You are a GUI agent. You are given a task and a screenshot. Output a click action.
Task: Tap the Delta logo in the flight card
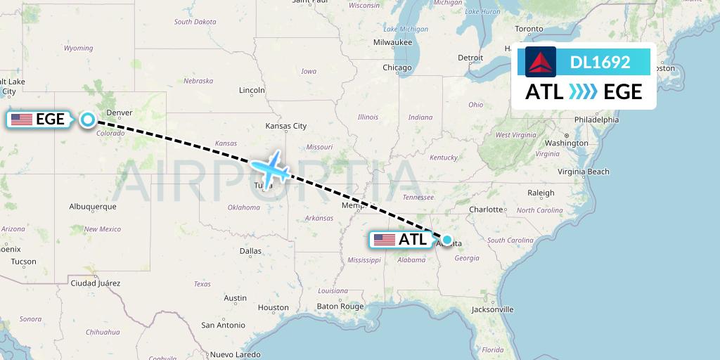(x=541, y=62)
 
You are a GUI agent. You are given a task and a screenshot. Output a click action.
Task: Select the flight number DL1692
(x=600, y=63)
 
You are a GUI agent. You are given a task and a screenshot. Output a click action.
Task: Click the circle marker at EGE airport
(x=87, y=120)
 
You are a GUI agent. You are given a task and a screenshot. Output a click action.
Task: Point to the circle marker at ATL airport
(x=446, y=240)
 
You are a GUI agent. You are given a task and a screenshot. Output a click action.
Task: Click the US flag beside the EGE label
(x=22, y=120)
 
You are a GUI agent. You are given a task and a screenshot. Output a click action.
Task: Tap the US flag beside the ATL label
(x=384, y=240)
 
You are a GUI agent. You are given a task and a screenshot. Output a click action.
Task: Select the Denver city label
(x=119, y=112)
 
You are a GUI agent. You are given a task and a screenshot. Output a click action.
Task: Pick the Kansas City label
(x=285, y=127)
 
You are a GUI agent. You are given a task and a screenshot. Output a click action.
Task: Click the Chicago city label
(x=397, y=68)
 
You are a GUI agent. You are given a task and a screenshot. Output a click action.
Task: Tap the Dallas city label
(x=250, y=251)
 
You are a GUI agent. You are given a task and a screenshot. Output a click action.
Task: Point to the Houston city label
(x=273, y=308)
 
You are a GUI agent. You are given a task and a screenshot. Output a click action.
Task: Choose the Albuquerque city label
(x=92, y=207)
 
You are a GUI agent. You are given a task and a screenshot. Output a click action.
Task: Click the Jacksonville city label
(x=492, y=309)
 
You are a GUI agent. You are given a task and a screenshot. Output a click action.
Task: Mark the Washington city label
(x=566, y=143)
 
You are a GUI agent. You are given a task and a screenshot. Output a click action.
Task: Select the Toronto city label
(x=529, y=29)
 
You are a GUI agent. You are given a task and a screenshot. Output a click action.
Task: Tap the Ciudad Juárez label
(x=95, y=283)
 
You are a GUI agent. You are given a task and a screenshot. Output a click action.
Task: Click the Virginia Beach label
(x=584, y=172)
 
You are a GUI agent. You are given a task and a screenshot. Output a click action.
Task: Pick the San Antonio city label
(x=223, y=326)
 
